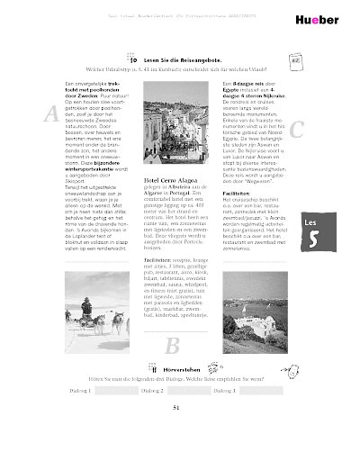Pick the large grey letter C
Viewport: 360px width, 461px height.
point(297,129)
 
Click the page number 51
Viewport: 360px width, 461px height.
point(176,409)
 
